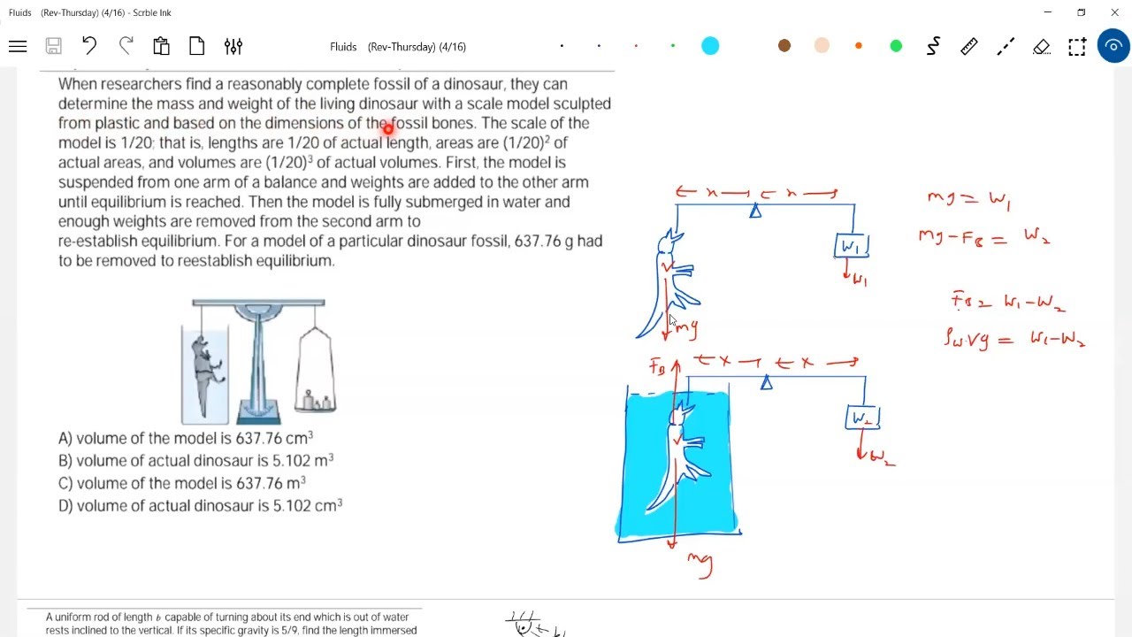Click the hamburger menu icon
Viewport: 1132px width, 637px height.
click(x=18, y=46)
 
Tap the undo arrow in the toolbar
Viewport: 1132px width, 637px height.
click(x=88, y=46)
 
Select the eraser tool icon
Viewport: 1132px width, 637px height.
click(x=1041, y=46)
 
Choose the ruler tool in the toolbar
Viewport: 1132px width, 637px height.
click(x=969, y=46)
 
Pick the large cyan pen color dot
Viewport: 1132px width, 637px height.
click(x=710, y=46)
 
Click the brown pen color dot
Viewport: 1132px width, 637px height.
click(x=784, y=46)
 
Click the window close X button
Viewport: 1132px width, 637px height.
click(x=1114, y=12)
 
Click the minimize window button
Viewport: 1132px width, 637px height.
click(x=1048, y=12)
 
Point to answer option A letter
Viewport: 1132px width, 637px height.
click(x=64, y=439)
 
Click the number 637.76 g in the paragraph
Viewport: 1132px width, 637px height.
click(x=551, y=242)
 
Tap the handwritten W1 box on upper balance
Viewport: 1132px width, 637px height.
click(x=852, y=246)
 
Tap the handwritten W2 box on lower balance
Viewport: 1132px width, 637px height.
click(x=862, y=418)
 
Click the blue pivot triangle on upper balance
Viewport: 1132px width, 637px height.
click(x=755, y=211)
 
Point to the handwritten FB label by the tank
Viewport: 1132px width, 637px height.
click(x=658, y=366)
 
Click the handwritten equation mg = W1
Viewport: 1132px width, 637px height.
click(x=968, y=199)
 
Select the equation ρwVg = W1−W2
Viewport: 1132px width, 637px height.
click(x=1014, y=338)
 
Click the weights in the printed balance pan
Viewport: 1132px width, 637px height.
click(x=316, y=403)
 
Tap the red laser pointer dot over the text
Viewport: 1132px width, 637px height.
click(x=387, y=129)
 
